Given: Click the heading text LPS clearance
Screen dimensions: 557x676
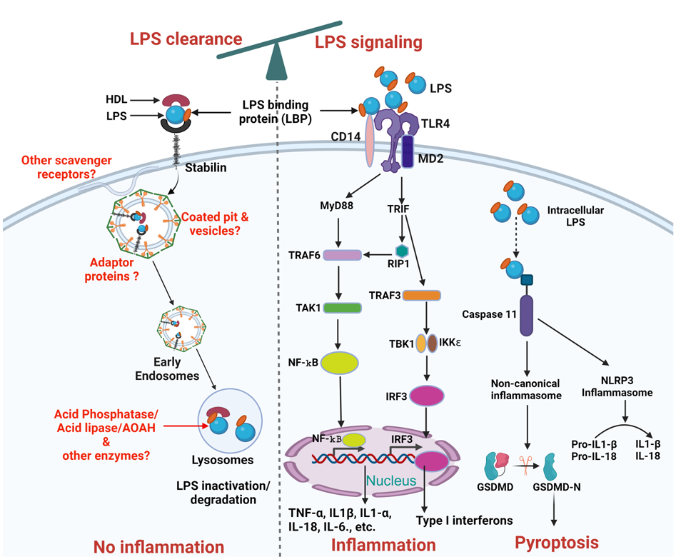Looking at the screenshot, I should click(x=186, y=39).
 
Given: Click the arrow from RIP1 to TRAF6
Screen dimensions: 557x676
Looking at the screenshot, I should click(x=379, y=254).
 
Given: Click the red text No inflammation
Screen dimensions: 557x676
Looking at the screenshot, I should click(x=159, y=546).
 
